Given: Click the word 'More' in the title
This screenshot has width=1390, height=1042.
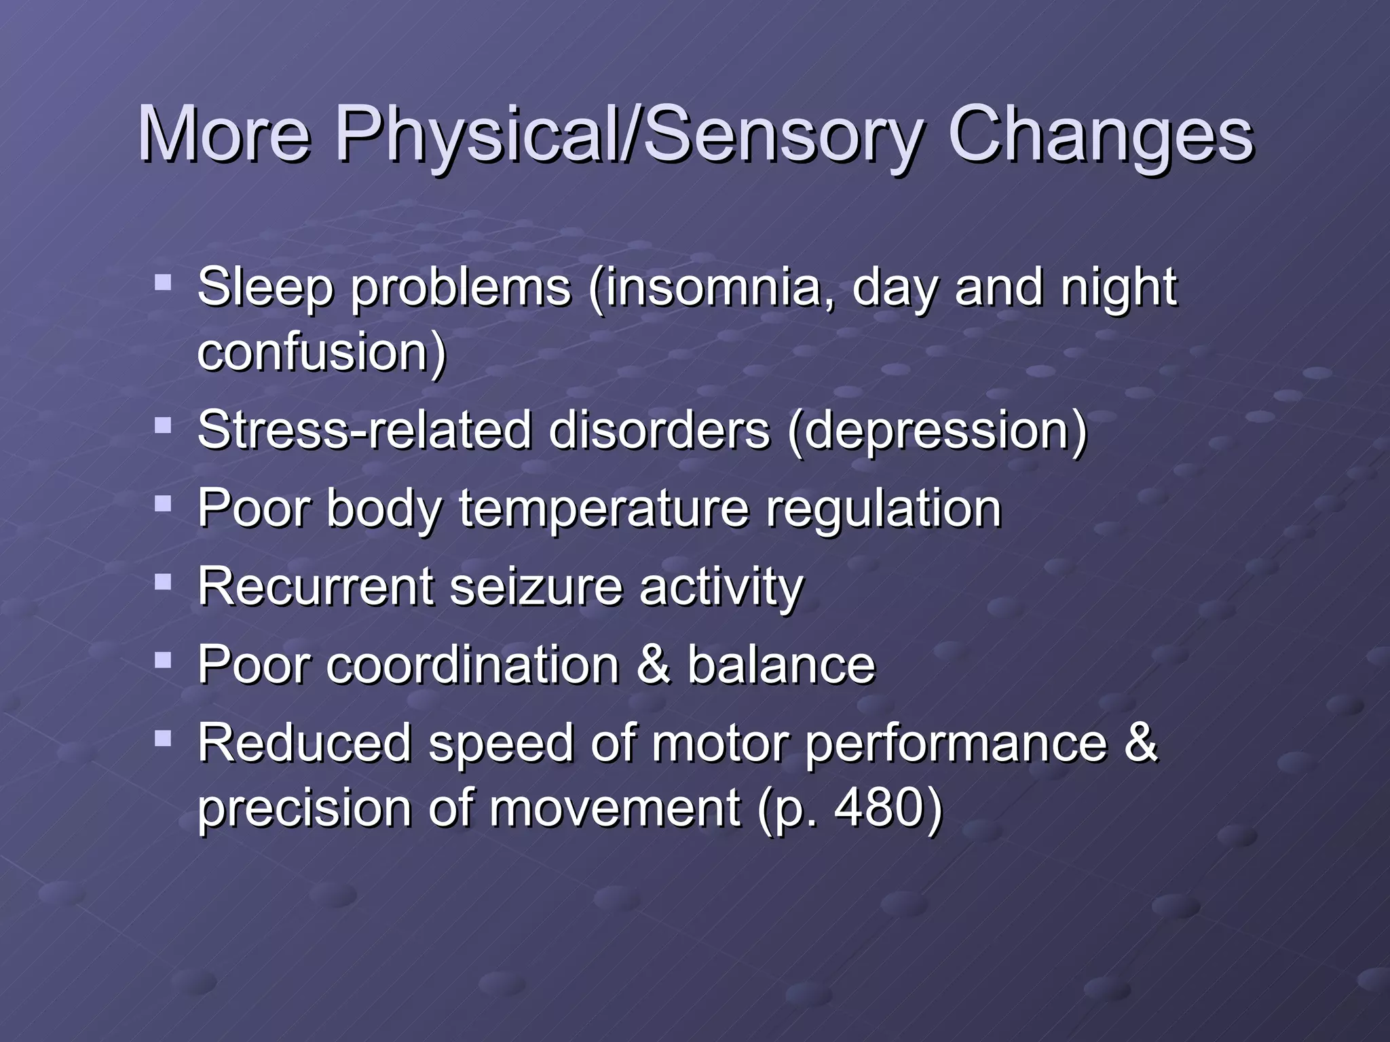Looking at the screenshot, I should [x=224, y=134].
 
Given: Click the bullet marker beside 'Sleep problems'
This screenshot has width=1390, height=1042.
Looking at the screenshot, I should [x=163, y=281].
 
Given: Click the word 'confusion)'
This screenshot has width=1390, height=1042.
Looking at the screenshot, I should [x=322, y=351].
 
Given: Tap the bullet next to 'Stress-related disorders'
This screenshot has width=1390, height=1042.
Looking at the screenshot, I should [x=163, y=425].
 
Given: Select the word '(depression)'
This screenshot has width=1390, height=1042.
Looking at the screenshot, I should [x=937, y=431].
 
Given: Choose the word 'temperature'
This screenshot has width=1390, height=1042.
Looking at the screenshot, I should [x=604, y=509].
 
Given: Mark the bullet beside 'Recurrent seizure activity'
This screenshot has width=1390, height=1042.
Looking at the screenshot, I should [x=163, y=581].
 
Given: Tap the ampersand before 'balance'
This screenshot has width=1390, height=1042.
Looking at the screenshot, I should [x=653, y=665].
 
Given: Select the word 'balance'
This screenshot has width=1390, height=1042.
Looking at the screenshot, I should [x=781, y=665].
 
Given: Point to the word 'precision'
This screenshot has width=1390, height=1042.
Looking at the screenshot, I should [x=303, y=809].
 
